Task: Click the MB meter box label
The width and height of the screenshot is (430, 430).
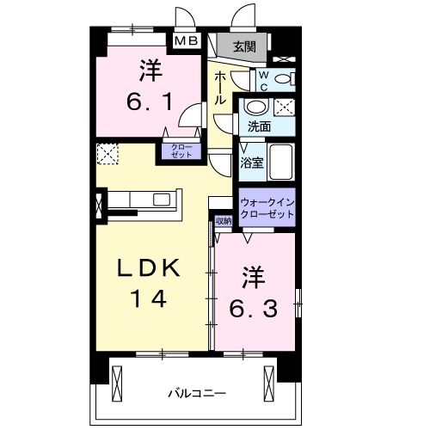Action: point(187,40)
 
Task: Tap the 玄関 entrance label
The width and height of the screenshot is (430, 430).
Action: point(243,46)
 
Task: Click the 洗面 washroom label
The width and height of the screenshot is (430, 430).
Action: point(259,126)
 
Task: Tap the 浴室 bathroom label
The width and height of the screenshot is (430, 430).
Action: point(252,161)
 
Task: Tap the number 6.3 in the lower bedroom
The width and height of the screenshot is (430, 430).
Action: point(251,295)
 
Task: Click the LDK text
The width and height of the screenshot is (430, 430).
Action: point(150,269)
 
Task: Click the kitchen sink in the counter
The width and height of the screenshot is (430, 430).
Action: point(162,200)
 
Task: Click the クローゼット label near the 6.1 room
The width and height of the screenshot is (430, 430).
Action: point(180,152)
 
